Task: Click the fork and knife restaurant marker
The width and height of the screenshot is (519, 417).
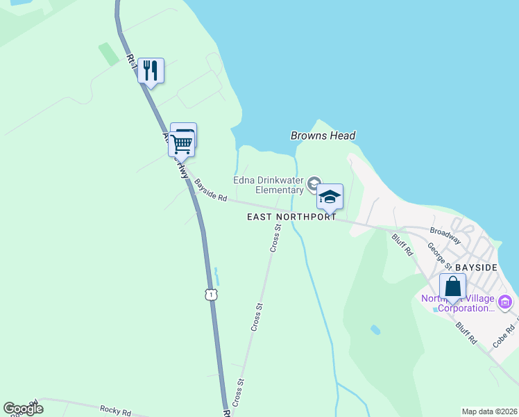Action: pos(151,70)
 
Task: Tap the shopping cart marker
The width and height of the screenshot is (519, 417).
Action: pos(181,145)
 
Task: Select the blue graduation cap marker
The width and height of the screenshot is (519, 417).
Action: pos(330,197)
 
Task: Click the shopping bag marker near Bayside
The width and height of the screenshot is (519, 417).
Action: pos(452,286)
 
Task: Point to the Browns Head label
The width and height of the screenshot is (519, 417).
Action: pos(323,136)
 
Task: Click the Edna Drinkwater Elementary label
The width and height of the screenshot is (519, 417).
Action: pos(269,184)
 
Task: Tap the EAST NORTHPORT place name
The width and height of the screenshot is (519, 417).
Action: pos(291,217)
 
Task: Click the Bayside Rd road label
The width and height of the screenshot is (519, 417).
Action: pos(211,190)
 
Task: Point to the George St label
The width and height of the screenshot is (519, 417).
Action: pos(439,256)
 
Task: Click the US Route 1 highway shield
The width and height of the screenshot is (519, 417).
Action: pos(211,295)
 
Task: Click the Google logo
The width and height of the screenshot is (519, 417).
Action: pos(23,409)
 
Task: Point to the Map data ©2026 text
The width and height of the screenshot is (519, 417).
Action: pos(489,411)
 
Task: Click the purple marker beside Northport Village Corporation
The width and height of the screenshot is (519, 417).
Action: pos(505,302)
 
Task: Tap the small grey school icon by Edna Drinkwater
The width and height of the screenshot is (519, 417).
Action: pos(314,183)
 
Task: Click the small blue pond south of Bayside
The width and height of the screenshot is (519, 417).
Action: pos(375,329)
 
